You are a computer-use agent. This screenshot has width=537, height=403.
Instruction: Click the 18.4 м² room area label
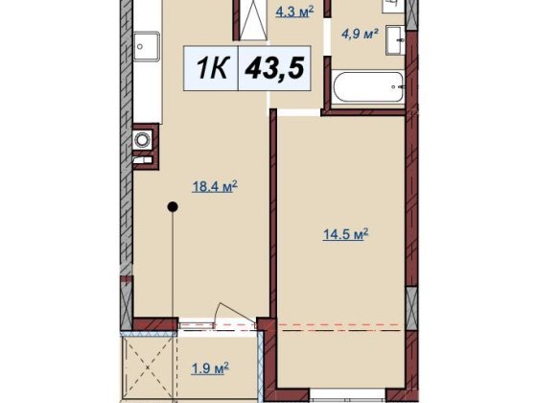point(215,187)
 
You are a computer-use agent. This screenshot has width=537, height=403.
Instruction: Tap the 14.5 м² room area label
point(345,234)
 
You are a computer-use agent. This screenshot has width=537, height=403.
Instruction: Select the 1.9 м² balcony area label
point(210,368)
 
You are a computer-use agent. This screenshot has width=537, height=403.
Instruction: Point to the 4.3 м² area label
point(295,12)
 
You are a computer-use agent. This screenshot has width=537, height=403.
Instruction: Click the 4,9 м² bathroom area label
point(360,34)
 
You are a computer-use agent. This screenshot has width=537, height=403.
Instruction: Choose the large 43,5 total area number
point(274,68)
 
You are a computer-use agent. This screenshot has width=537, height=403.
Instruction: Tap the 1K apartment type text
point(211,68)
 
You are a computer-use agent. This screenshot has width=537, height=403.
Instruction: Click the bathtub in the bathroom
point(368,86)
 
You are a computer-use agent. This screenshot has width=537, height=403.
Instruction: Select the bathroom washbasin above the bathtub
point(395,40)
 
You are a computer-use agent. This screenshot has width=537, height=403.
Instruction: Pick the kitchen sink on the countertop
point(146,46)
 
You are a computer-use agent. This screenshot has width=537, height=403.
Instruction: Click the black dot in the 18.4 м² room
point(173,206)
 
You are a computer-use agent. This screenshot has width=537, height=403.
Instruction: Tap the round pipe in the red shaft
point(141,139)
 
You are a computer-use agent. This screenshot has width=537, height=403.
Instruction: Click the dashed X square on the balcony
point(148,367)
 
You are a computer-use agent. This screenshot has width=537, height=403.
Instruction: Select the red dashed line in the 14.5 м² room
point(338,324)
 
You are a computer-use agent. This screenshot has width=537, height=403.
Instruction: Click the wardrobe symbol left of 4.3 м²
point(253,20)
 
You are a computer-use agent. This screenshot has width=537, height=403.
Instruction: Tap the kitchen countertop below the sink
point(148,92)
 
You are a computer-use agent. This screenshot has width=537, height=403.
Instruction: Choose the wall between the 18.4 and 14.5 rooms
point(273,214)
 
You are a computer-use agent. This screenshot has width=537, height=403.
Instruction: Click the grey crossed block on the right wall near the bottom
point(411,309)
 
